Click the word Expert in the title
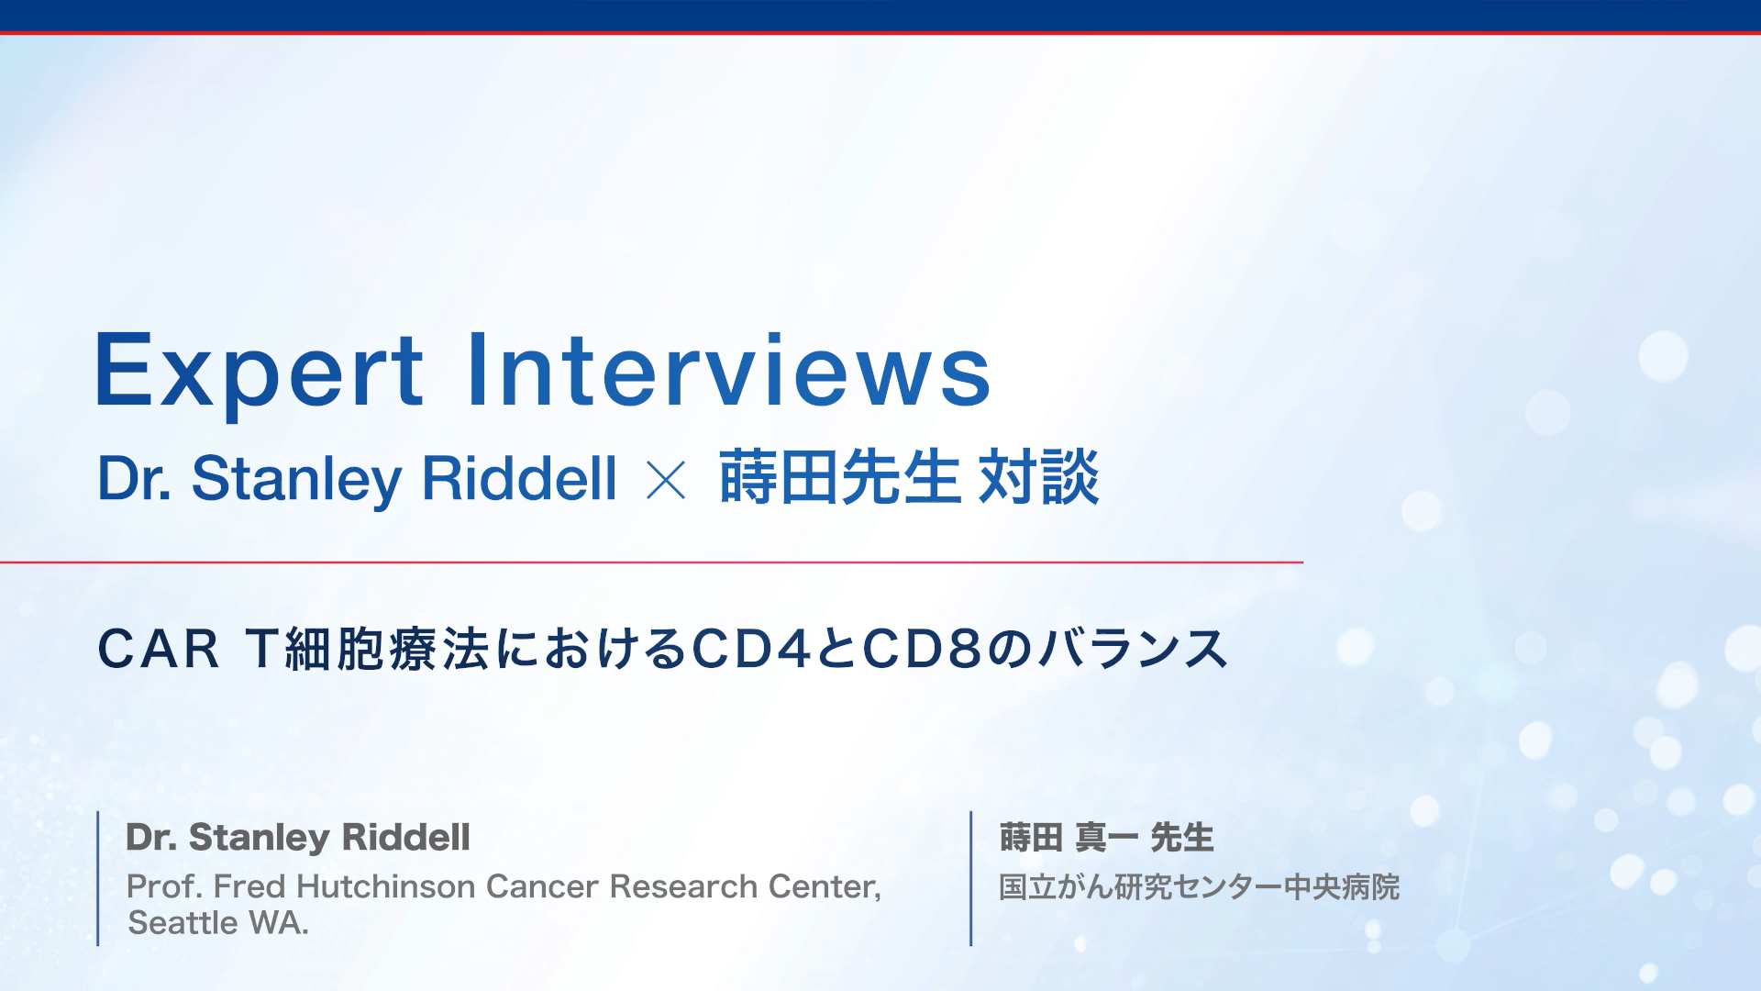coord(259,372)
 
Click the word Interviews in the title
coord(729,370)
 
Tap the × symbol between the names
coord(666,480)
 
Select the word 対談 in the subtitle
coord(1038,478)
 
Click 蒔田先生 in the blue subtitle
coord(838,478)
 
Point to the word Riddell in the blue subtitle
coord(519,478)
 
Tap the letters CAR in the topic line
coord(159,650)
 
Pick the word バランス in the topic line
coord(1134,650)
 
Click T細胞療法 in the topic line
coord(367,650)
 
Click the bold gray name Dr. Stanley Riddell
coord(298,838)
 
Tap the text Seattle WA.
coord(218,923)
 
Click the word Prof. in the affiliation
coord(164,886)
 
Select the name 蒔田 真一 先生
coord(1106,838)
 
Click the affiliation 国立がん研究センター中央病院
coord(1199,887)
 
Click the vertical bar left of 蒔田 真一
coord(970,878)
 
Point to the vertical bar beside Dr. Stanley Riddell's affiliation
coord(98,878)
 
